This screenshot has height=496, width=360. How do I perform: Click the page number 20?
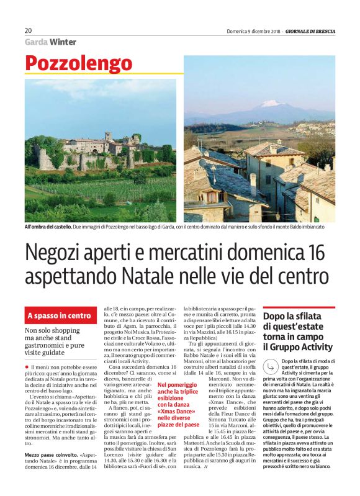[x=29, y=30]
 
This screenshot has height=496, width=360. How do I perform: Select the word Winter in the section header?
[x=64, y=42]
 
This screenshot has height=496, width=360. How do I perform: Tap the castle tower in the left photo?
[x=107, y=135]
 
